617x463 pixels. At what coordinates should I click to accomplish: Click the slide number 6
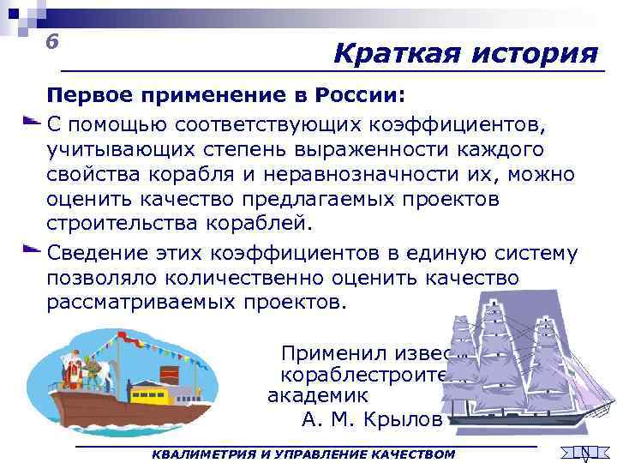coord(53,41)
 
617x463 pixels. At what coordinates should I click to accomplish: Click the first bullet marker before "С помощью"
coord(30,122)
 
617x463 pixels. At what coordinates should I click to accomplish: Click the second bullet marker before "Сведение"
coord(30,250)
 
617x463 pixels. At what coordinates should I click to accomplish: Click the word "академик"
coord(318,396)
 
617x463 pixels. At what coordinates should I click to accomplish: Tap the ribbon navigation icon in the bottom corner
coord(584,453)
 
